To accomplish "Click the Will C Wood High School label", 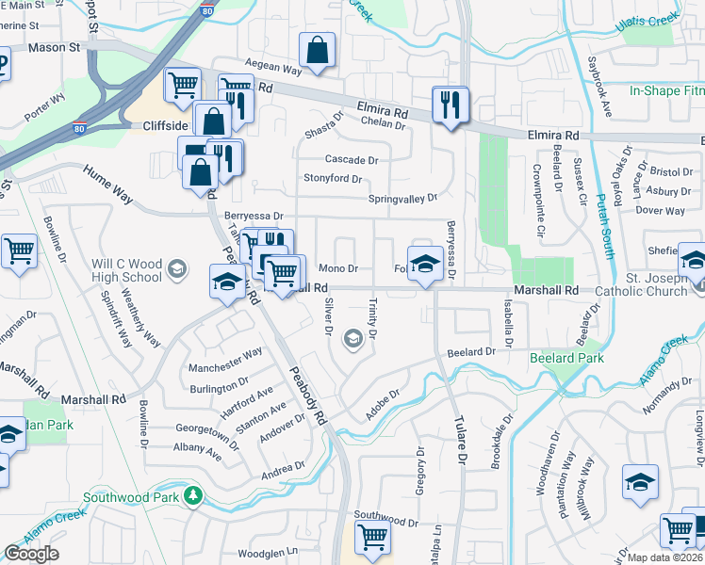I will [127, 265].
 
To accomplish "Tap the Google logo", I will [32, 554].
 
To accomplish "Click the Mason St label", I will [55, 46].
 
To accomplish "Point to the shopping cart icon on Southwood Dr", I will [371, 537].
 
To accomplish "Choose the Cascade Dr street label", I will [351, 160].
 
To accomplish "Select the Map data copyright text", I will [664, 557].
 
